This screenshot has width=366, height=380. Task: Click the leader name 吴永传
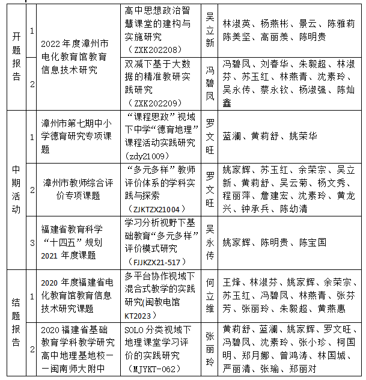pyautogui.click(x=210, y=242)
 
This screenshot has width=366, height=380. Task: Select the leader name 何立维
pyautogui.click(x=210, y=294)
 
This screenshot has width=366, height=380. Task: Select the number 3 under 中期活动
pyautogui.click(x=31, y=242)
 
